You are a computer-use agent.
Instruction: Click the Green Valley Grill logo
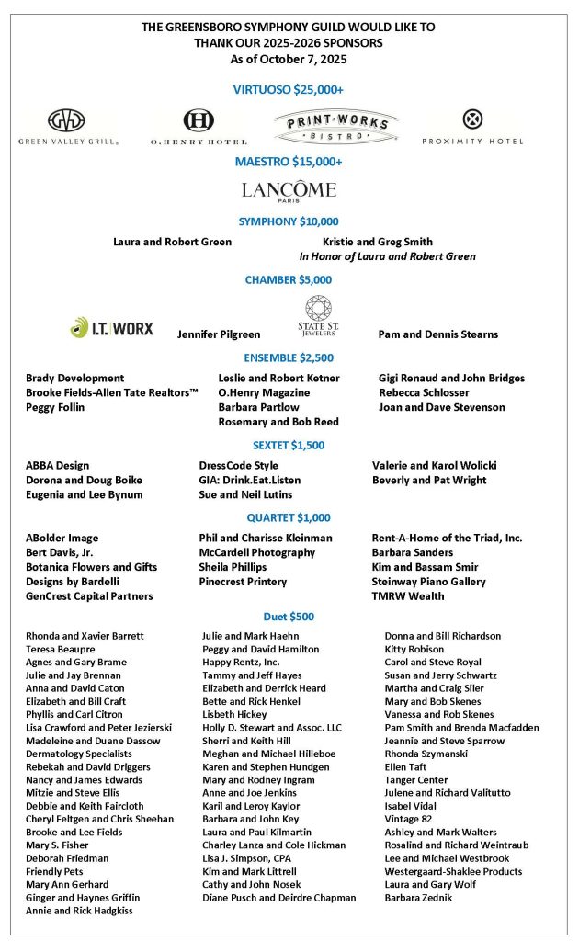pyautogui.click(x=68, y=127)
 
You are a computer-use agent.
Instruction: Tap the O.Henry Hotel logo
pyautogui.click(x=199, y=127)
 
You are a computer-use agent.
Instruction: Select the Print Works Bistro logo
pyautogui.click(x=335, y=126)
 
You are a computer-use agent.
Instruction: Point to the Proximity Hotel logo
pyautogui.click(x=472, y=126)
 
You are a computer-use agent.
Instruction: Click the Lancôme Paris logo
pyautogui.click(x=289, y=191)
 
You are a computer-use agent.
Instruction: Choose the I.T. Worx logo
pyautogui.click(x=112, y=327)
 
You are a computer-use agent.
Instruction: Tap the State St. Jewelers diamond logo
pyautogui.click(x=318, y=317)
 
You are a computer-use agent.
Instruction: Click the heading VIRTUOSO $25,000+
pyautogui.click(x=289, y=89)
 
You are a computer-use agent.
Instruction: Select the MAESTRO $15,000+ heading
pyautogui.click(x=289, y=162)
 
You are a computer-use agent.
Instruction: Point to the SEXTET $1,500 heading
pyautogui.click(x=289, y=445)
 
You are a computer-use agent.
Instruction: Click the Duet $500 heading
pyautogui.click(x=289, y=616)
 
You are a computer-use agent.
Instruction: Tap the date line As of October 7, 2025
pyautogui.click(x=289, y=59)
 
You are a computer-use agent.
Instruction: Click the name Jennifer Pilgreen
pyautogui.click(x=219, y=334)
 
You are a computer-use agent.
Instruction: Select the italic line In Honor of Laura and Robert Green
pyautogui.click(x=387, y=256)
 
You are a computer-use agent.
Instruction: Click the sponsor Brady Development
pyautogui.click(x=74, y=378)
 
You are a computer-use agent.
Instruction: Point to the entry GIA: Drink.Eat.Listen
pyautogui.click(x=249, y=480)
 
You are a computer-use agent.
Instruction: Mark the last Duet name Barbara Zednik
pyautogui.click(x=418, y=897)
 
